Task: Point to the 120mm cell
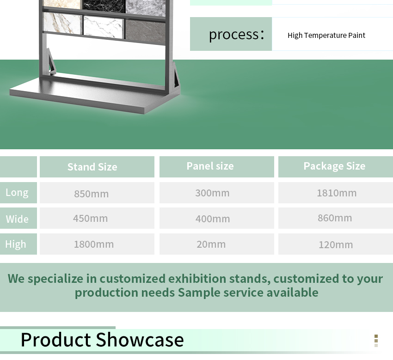(x=336, y=244)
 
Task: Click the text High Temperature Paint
(x=326, y=35)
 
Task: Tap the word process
(x=234, y=35)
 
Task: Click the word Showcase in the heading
(x=140, y=340)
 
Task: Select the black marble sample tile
(x=104, y=6)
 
